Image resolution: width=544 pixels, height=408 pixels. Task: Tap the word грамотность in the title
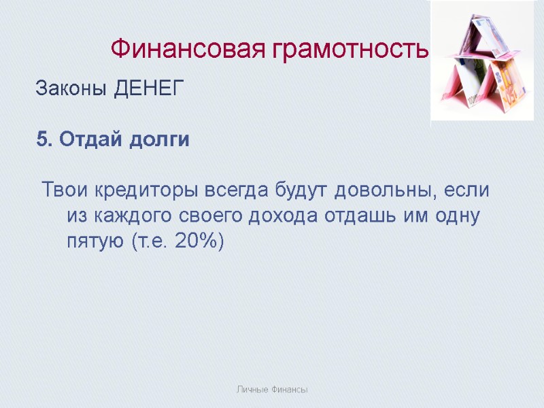point(352,50)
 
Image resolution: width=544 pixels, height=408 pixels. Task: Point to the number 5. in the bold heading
point(44,140)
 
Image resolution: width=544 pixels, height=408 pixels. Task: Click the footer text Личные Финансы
point(272,390)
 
